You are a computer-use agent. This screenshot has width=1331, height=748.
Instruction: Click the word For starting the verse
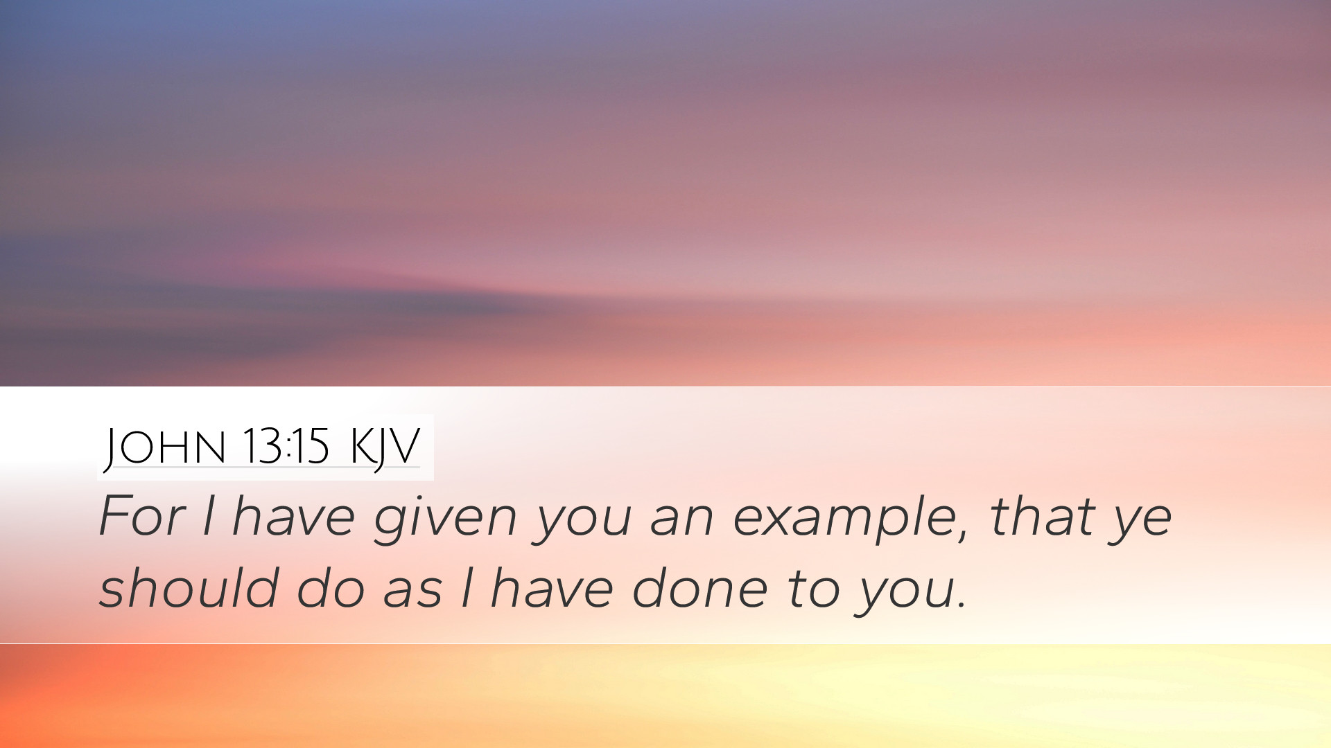142,517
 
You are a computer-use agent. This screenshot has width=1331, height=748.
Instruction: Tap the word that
1044,517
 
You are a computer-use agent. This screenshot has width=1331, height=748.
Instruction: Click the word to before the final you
813,589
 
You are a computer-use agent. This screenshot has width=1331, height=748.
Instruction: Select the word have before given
293,517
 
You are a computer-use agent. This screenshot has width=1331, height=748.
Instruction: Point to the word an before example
682,524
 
